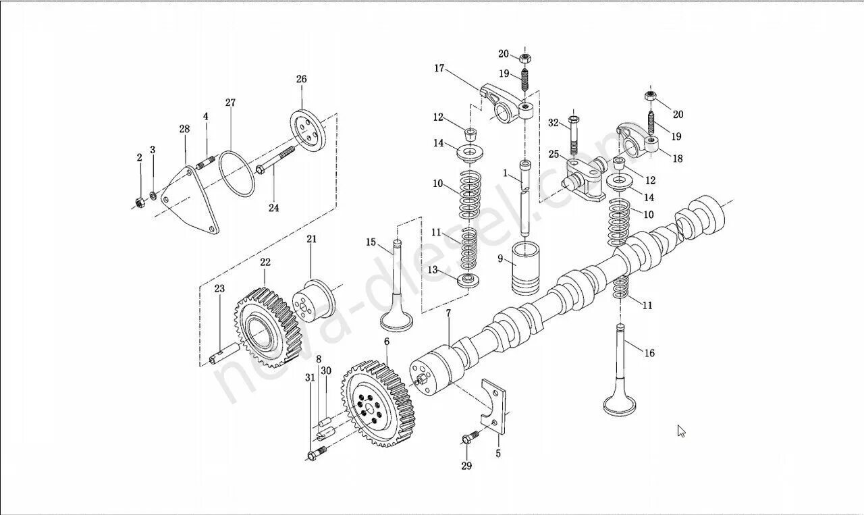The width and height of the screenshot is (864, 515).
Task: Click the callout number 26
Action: point(301,79)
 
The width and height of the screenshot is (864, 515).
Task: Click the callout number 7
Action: point(448,314)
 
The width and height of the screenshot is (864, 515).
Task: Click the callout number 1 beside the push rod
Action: point(504,173)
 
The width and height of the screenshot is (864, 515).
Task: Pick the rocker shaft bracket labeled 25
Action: point(584,179)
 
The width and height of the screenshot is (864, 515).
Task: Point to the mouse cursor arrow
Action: point(682,431)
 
